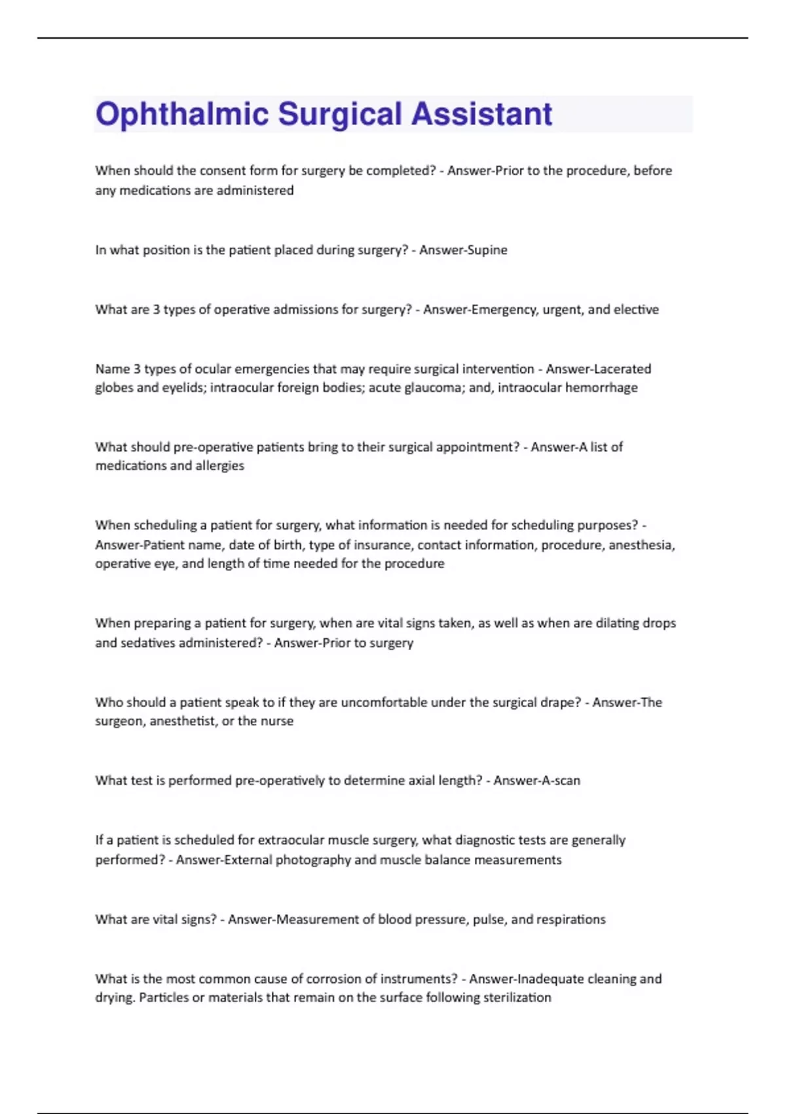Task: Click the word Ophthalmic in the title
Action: (182, 114)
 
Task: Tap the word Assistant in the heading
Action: (481, 114)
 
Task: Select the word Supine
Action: (486, 250)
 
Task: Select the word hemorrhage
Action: (601, 387)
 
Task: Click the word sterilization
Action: (517, 997)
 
